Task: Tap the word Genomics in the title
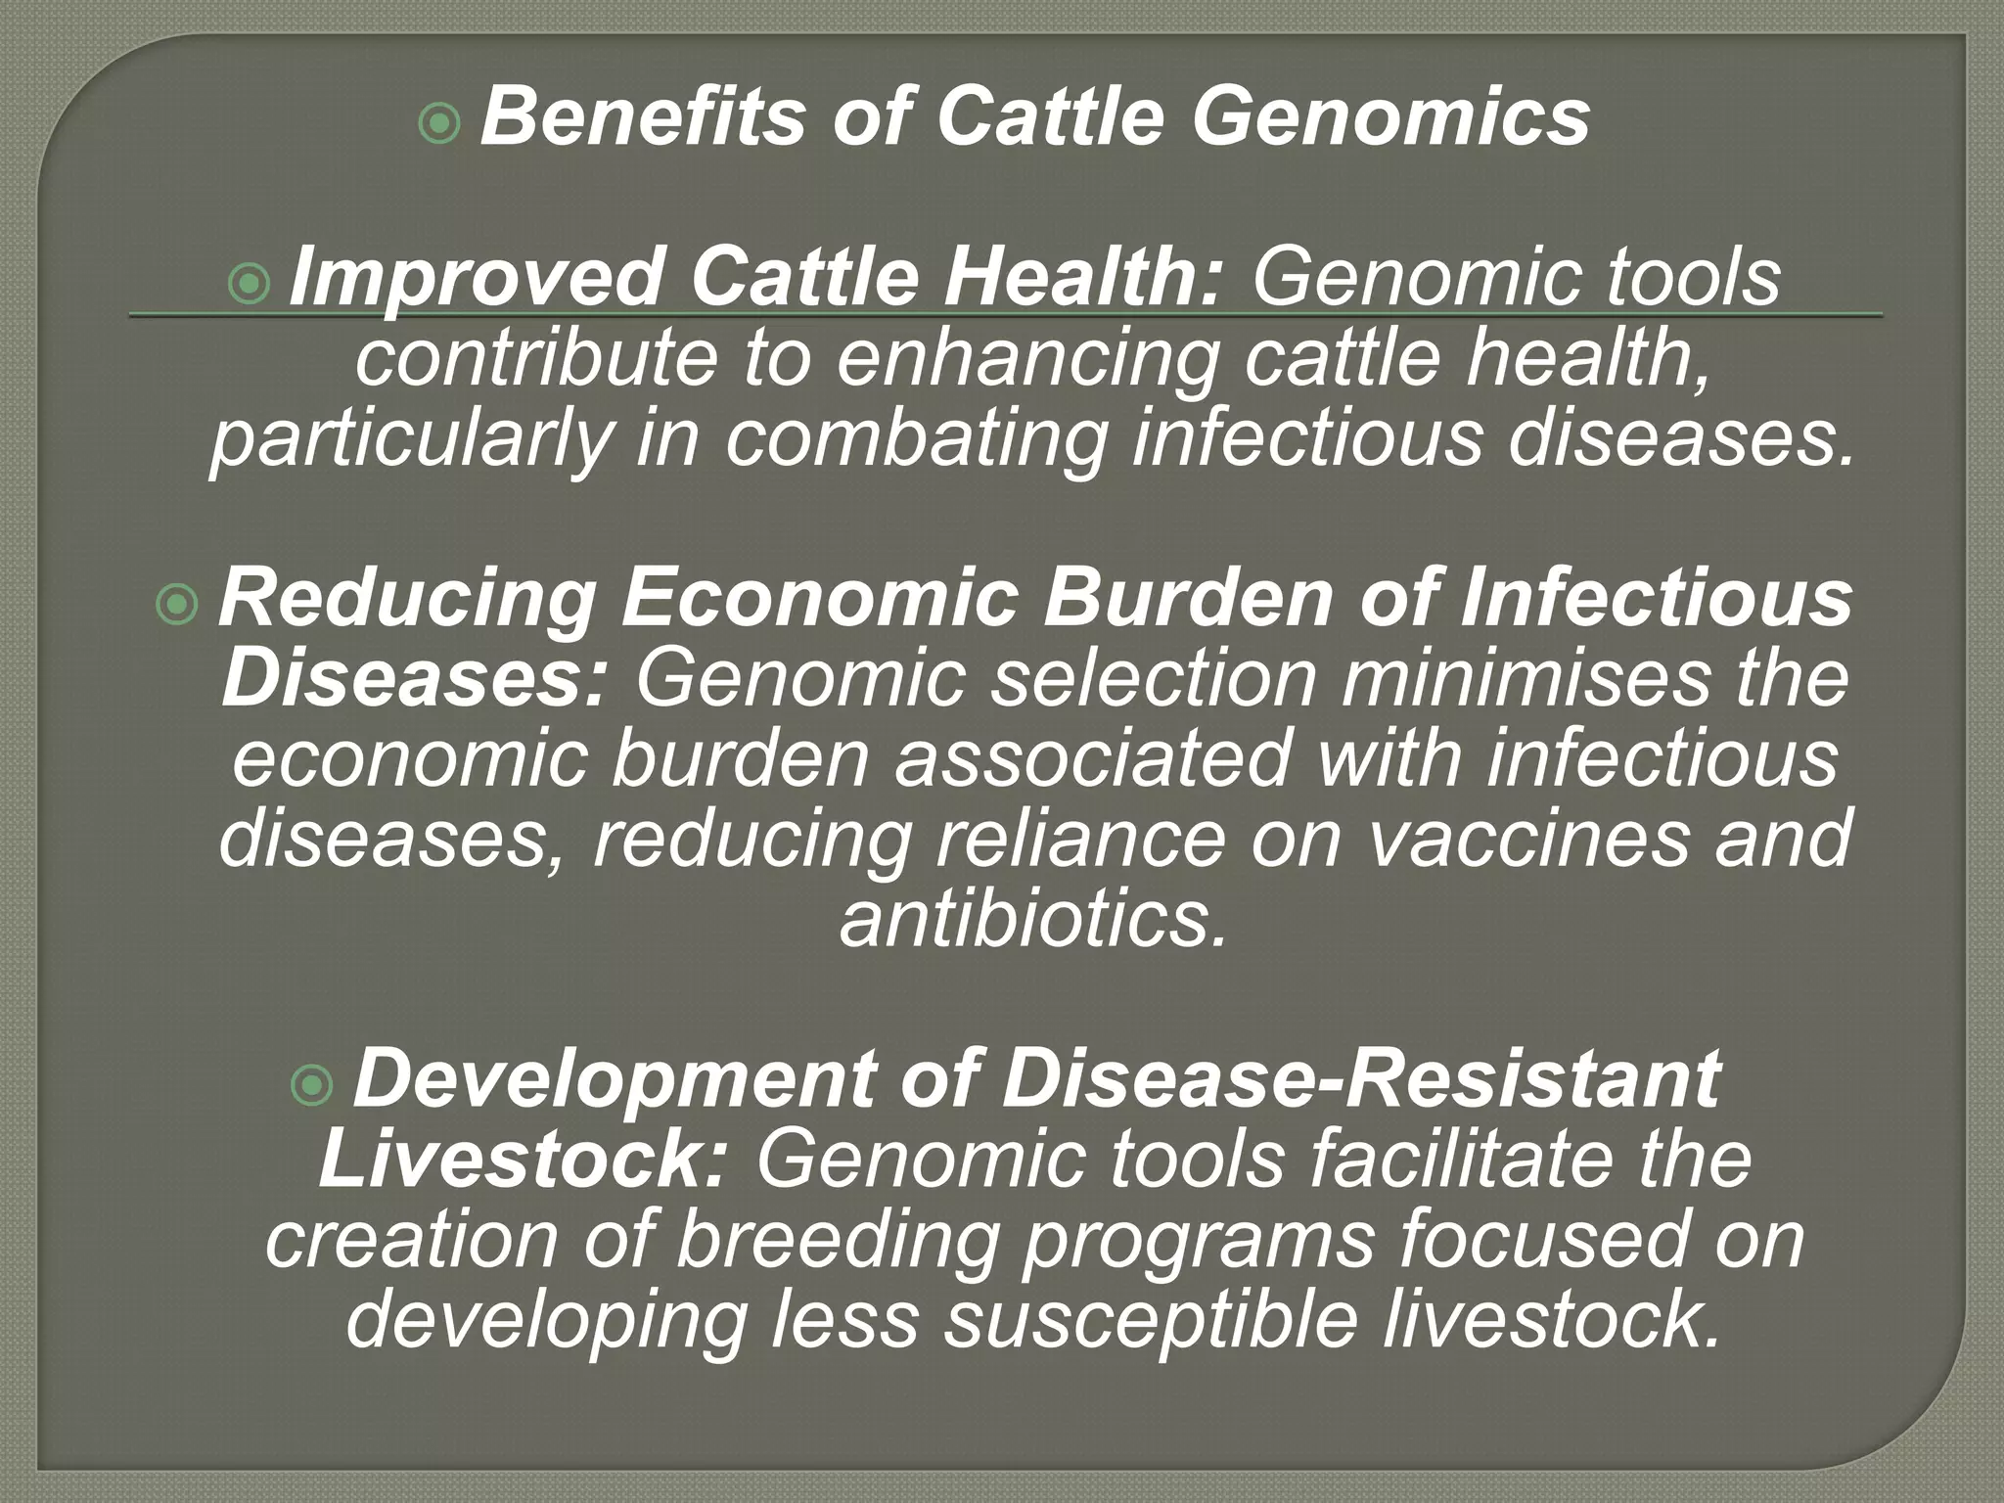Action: (1389, 118)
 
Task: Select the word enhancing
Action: (1028, 360)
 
